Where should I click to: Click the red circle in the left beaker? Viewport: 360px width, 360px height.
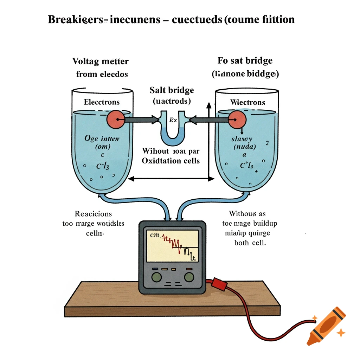(x=115, y=120)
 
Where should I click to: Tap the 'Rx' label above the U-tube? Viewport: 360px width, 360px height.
(x=173, y=120)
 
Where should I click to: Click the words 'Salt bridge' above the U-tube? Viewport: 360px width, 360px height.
(x=172, y=90)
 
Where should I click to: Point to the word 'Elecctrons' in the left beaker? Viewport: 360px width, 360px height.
(x=102, y=102)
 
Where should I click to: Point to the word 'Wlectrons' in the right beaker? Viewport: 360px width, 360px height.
(x=247, y=102)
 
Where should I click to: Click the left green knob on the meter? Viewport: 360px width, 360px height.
(x=156, y=277)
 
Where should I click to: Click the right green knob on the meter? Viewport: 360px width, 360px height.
(x=189, y=277)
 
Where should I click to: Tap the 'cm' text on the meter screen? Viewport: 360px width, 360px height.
(x=155, y=236)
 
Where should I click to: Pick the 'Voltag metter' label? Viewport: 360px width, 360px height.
(x=101, y=62)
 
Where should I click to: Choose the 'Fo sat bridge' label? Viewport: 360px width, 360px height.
(x=245, y=60)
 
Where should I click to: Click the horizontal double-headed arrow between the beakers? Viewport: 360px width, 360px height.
(x=171, y=179)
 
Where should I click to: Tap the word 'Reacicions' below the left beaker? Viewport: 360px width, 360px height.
(x=93, y=214)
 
